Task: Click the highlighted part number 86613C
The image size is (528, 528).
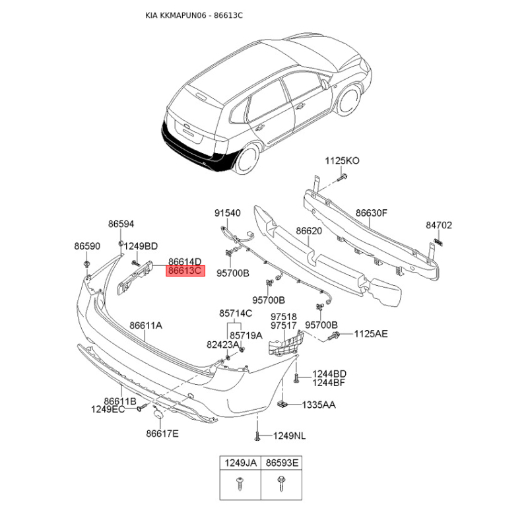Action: pos(185,271)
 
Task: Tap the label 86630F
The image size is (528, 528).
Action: pos(372,213)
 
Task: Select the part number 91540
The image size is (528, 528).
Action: pos(228,213)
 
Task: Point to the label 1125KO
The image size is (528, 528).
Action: pos(342,160)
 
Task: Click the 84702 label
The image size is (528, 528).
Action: pos(439,225)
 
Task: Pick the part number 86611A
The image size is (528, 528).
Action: pos(146,325)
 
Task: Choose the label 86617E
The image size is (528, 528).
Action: pos(162,434)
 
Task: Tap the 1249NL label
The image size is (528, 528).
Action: pos(289,436)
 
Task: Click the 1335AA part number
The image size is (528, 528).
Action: pos(319,405)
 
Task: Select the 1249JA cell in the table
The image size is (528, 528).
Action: pos(240,463)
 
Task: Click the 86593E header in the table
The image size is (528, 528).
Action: pos(282,463)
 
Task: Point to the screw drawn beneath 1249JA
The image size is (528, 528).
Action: pos(240,484)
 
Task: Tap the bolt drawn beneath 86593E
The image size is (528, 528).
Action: pos(281,484)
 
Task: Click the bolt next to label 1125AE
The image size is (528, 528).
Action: pos(334,335)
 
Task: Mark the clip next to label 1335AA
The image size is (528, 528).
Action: pos(282,403)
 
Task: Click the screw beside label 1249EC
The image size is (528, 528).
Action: pos(141,407)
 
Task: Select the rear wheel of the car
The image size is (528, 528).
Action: pos(248,158)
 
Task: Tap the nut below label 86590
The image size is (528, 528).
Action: pos(87,263)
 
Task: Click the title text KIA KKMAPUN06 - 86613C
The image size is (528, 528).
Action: pos(194,15)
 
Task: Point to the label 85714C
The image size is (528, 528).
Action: pos(236,313)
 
